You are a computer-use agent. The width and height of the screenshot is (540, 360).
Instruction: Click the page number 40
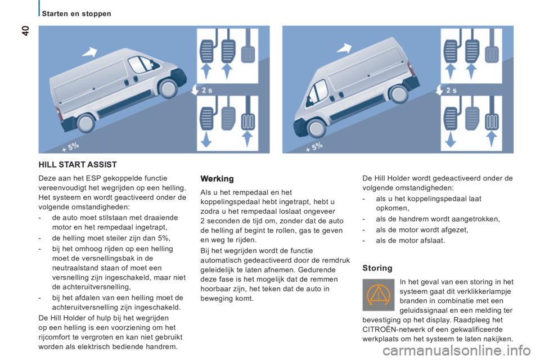pyautogui.click(x=26, y=31)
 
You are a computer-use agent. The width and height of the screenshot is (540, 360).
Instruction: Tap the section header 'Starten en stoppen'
pyautogui.click(x=76, y=13)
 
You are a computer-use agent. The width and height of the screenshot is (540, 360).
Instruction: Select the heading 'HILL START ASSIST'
pyautogui.click(x=78, y=165)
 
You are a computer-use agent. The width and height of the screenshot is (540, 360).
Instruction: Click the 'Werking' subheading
pyautogui.click(x=217, y=179)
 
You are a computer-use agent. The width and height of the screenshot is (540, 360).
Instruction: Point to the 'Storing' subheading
pyautogui.click(x=377, y=268)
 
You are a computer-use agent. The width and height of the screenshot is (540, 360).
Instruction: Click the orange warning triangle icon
pyautogui.click(x=378, y=295)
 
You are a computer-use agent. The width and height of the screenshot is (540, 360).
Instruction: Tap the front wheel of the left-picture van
pyautogui.click(x=168, y=88)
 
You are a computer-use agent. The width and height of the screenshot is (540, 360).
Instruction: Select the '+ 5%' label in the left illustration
pyautogui.click(x=71, y=147)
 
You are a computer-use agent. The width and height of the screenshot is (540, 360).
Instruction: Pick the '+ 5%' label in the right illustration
pyautogui.click(x=314, y=147)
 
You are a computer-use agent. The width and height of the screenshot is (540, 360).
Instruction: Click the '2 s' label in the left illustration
pyautogui.click(x=207, y=90)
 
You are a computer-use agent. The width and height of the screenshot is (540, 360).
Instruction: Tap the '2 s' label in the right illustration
pyautogui.click(x=451, y=90)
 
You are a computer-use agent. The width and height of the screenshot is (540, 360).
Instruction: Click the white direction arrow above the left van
pyautogui.click(x=90, y=52)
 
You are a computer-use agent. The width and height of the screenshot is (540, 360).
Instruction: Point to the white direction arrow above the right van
pyautogui.click(x=344, y=48)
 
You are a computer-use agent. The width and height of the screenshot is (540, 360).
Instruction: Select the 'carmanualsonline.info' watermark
pyautogui.click(x=457, y=351)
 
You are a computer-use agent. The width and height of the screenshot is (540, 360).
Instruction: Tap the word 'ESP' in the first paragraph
pyautogui.click(x=93, y=178)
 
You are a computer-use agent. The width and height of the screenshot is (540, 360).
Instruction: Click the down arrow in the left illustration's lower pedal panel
pyautogui.click(x=206, y=139)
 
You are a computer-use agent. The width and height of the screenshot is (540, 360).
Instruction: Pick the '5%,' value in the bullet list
pyautogui.click(x=164, y=238)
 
